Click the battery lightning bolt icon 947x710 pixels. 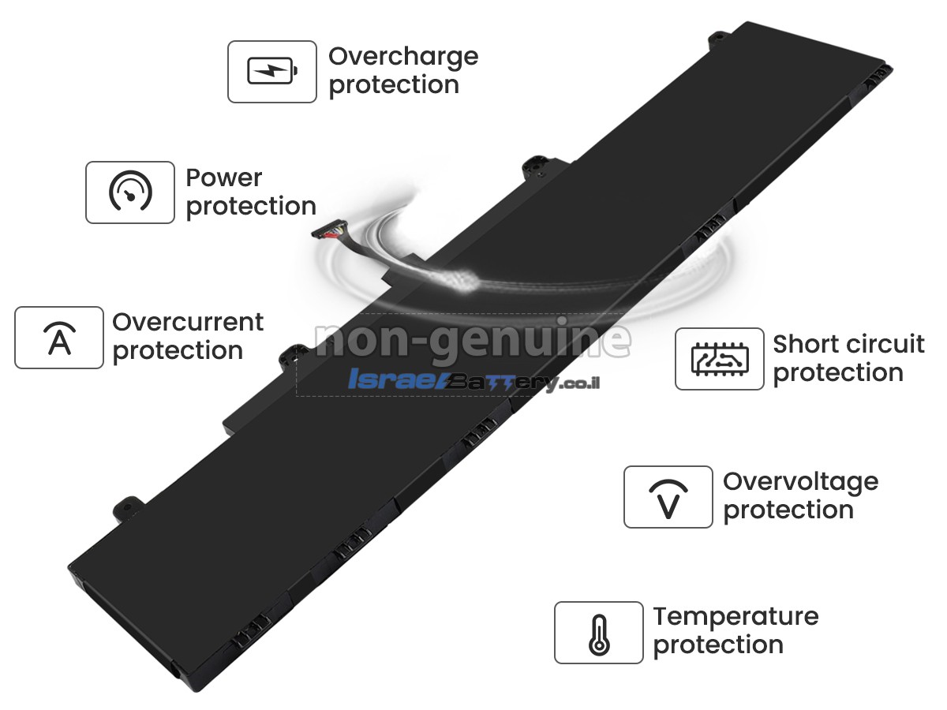[272, 71]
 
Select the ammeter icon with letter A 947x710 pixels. [59, 338]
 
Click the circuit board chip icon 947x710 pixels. [720, 359]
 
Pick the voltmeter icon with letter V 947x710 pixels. [668, 499]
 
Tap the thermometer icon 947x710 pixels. [599, 635]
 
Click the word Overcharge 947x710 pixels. [403, 58]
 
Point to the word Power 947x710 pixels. [224, 177]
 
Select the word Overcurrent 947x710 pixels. [188, 322]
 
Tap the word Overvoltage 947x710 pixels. [801, 483]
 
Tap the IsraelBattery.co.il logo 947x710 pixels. [473, 381]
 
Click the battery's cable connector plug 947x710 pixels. [330, 230]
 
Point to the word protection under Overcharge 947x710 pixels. [394, 85]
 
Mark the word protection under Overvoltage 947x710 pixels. [788, 511]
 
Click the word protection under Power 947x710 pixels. [251, 207]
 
